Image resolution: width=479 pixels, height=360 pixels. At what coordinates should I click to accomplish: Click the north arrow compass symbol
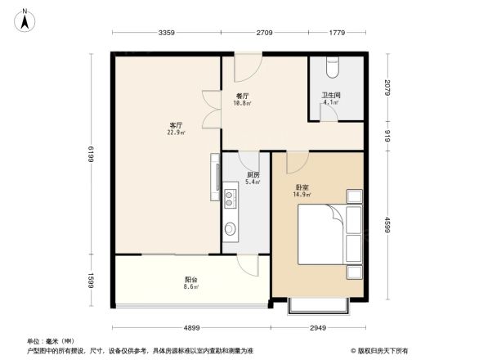point(25,17)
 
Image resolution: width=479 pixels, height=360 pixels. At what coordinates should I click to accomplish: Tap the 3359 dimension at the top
point(167,34)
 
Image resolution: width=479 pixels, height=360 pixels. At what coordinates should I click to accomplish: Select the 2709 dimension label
point(263,34)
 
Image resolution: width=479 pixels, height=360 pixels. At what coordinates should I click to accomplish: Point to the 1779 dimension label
point(336,34)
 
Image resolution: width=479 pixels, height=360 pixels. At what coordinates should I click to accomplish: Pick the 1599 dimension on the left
point(92,281)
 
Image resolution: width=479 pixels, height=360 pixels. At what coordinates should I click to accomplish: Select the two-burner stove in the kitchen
point(230,196)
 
